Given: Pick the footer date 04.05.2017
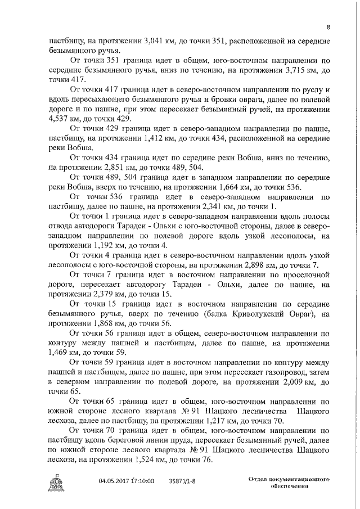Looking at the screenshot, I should click(114, 481).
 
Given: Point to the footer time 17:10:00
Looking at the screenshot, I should click(143, 481).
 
